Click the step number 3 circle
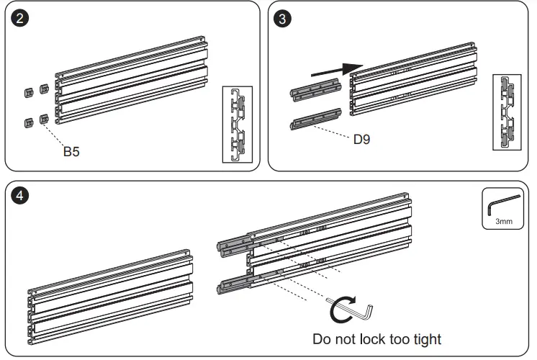284,19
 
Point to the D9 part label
361,139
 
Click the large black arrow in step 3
335,70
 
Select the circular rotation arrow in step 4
339,312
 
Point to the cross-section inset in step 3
507,112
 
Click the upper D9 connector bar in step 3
316,91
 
